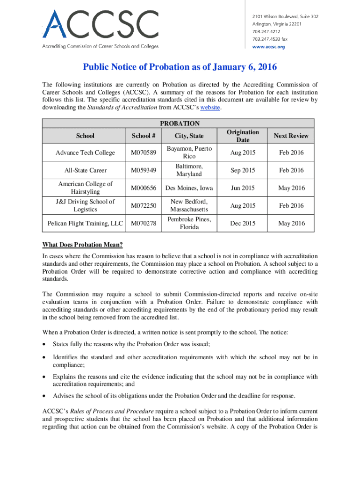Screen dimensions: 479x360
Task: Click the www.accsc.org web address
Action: pyautogui.click(x=268, y=47)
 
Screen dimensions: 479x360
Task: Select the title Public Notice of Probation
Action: pyautogui.click(x=180, y=67)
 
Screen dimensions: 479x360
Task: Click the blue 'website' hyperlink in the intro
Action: pyautogui.click(x=209, y=108)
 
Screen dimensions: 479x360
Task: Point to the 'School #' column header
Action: pyautogui.click(x=144, y=136)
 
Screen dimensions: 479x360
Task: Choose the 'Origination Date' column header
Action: pyautogui.click(x=243, y=136)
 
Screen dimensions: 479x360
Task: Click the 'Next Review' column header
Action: pyautogui.click(x=291, y=136)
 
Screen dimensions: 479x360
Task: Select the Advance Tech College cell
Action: pyautogui.click(x=85, y=153)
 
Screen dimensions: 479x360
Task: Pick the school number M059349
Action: pyautogui.click(x=144, y=170)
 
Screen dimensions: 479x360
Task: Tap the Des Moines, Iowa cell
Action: pyautogui.click(x=189, y=188)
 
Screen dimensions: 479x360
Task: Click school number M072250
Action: pyautogui.click(x=144, y=206)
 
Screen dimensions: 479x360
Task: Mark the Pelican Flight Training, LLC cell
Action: pyautogui.click(x=85, y=223)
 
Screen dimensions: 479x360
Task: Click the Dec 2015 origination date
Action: pyautogui.click(x=243, y=223)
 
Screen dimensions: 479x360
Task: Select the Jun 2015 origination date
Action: pyautogui.click(x=243, y=188)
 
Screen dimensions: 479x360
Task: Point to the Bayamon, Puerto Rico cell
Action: pyautogui.click(x=189, y=152)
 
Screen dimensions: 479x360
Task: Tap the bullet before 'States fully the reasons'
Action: pyautogui.click(x=45, y=344)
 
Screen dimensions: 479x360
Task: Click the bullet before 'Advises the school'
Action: pyautogui.click(x=45, y=396)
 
